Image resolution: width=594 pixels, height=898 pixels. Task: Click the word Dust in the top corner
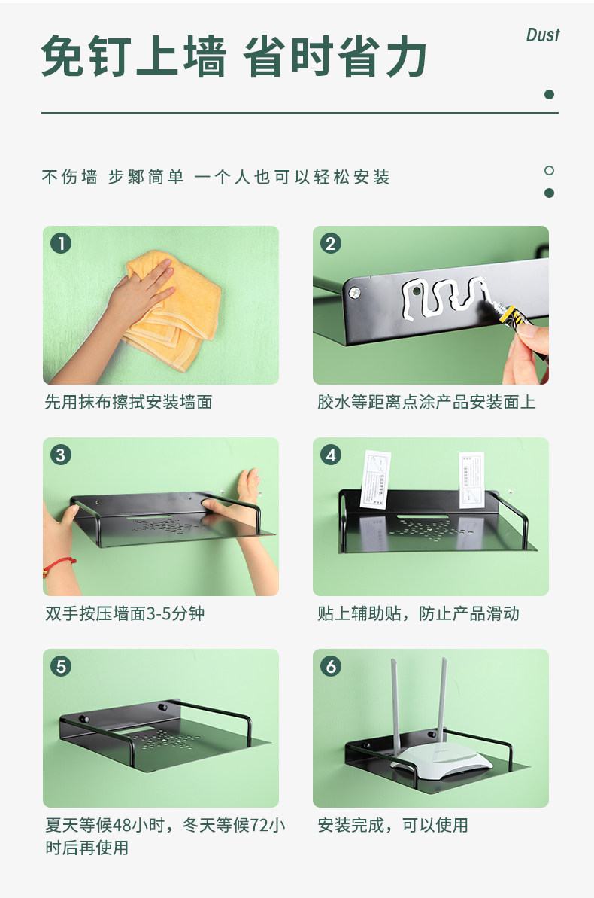543,35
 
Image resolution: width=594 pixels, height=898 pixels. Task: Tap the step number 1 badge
61,243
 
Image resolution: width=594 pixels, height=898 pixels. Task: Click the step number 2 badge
331,243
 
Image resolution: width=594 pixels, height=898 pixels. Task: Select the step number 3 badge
61,455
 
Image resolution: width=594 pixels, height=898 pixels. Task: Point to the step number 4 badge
331,455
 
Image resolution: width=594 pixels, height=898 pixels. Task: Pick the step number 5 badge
61,667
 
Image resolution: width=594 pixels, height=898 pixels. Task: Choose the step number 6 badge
331,667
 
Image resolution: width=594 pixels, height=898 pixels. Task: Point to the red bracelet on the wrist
59,566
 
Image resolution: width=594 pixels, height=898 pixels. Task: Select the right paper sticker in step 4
472,480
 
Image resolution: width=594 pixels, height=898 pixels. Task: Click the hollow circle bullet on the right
550,170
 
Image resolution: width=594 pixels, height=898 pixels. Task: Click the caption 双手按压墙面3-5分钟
125,614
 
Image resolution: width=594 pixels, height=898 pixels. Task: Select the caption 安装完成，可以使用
392,825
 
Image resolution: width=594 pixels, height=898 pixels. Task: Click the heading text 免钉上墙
134,56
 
